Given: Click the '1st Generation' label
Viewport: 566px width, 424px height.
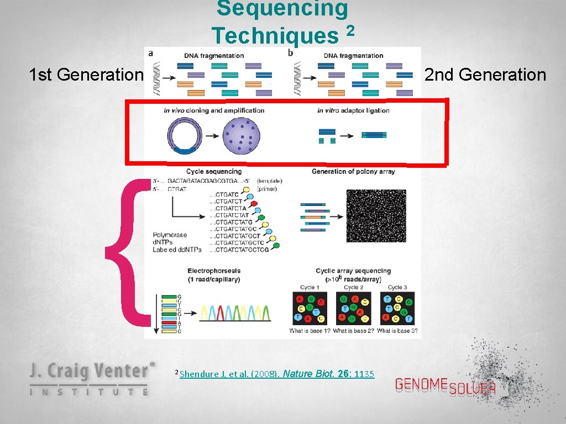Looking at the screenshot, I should click(86, 75).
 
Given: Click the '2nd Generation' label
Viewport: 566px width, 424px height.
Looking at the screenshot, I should click(485, 75).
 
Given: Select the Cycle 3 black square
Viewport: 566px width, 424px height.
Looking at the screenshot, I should click(397, 308).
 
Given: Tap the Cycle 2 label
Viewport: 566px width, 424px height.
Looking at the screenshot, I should click(353, 287).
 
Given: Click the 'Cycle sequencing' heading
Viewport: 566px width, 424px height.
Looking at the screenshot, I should click(214, 172).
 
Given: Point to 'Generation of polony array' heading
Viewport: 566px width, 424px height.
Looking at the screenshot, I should click(353, 172).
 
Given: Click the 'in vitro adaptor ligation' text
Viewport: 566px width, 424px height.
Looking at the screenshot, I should click(353, 110).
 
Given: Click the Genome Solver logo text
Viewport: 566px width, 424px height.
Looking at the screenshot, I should click(445, 386).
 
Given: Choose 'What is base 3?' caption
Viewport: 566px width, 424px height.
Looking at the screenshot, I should click(399, 331).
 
